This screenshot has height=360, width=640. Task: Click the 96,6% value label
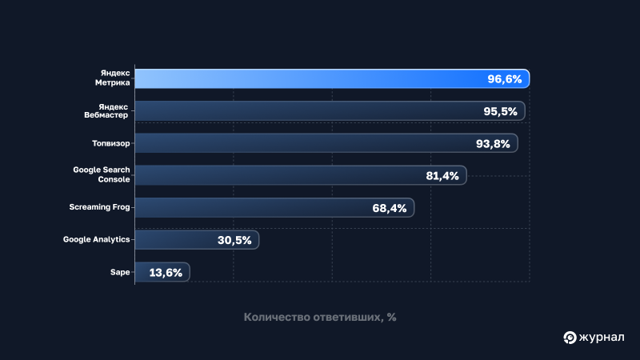[504, 79]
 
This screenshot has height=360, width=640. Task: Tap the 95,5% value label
[500, 111]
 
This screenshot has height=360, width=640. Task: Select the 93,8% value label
[493, 143]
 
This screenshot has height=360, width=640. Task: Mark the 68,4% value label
[390, 208]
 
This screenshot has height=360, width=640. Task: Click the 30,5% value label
[234, 240]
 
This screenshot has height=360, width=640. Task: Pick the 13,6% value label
[166, 273]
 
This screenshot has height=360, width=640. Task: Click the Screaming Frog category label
[99, 207]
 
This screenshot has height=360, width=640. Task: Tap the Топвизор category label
[110, 143]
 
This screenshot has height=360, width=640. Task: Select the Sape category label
[120, 273]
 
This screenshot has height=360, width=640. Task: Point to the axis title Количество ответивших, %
[320, 317]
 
